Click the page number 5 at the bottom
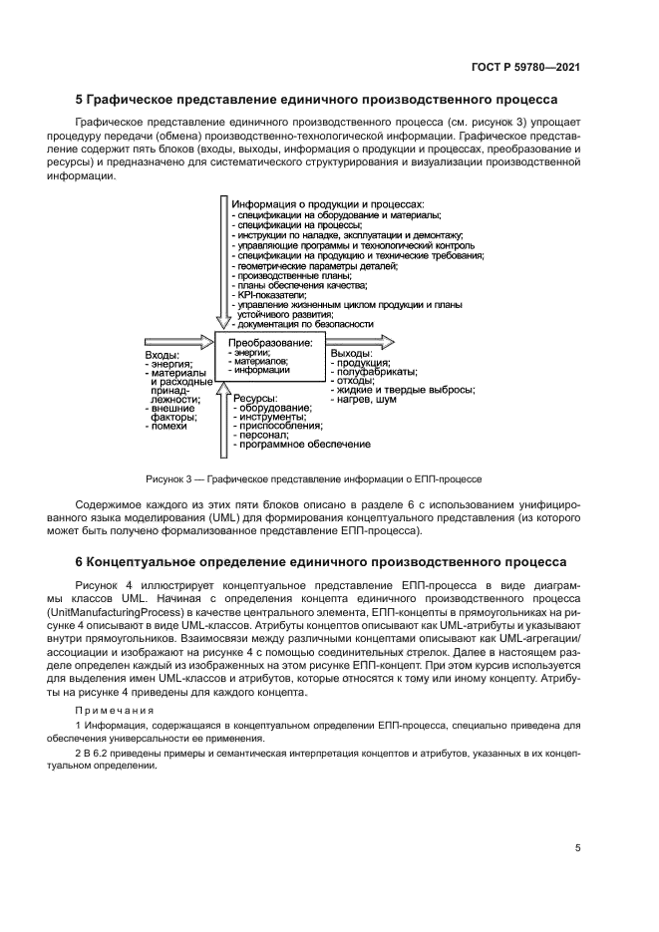tap(577, 848)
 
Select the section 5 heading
tap(317, 100)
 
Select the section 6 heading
tap(321, 562)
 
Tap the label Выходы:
tap(352, 353)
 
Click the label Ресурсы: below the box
tap(256, 399)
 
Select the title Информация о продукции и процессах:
tap(328, 204)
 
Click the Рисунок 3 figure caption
tap(313, 478)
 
